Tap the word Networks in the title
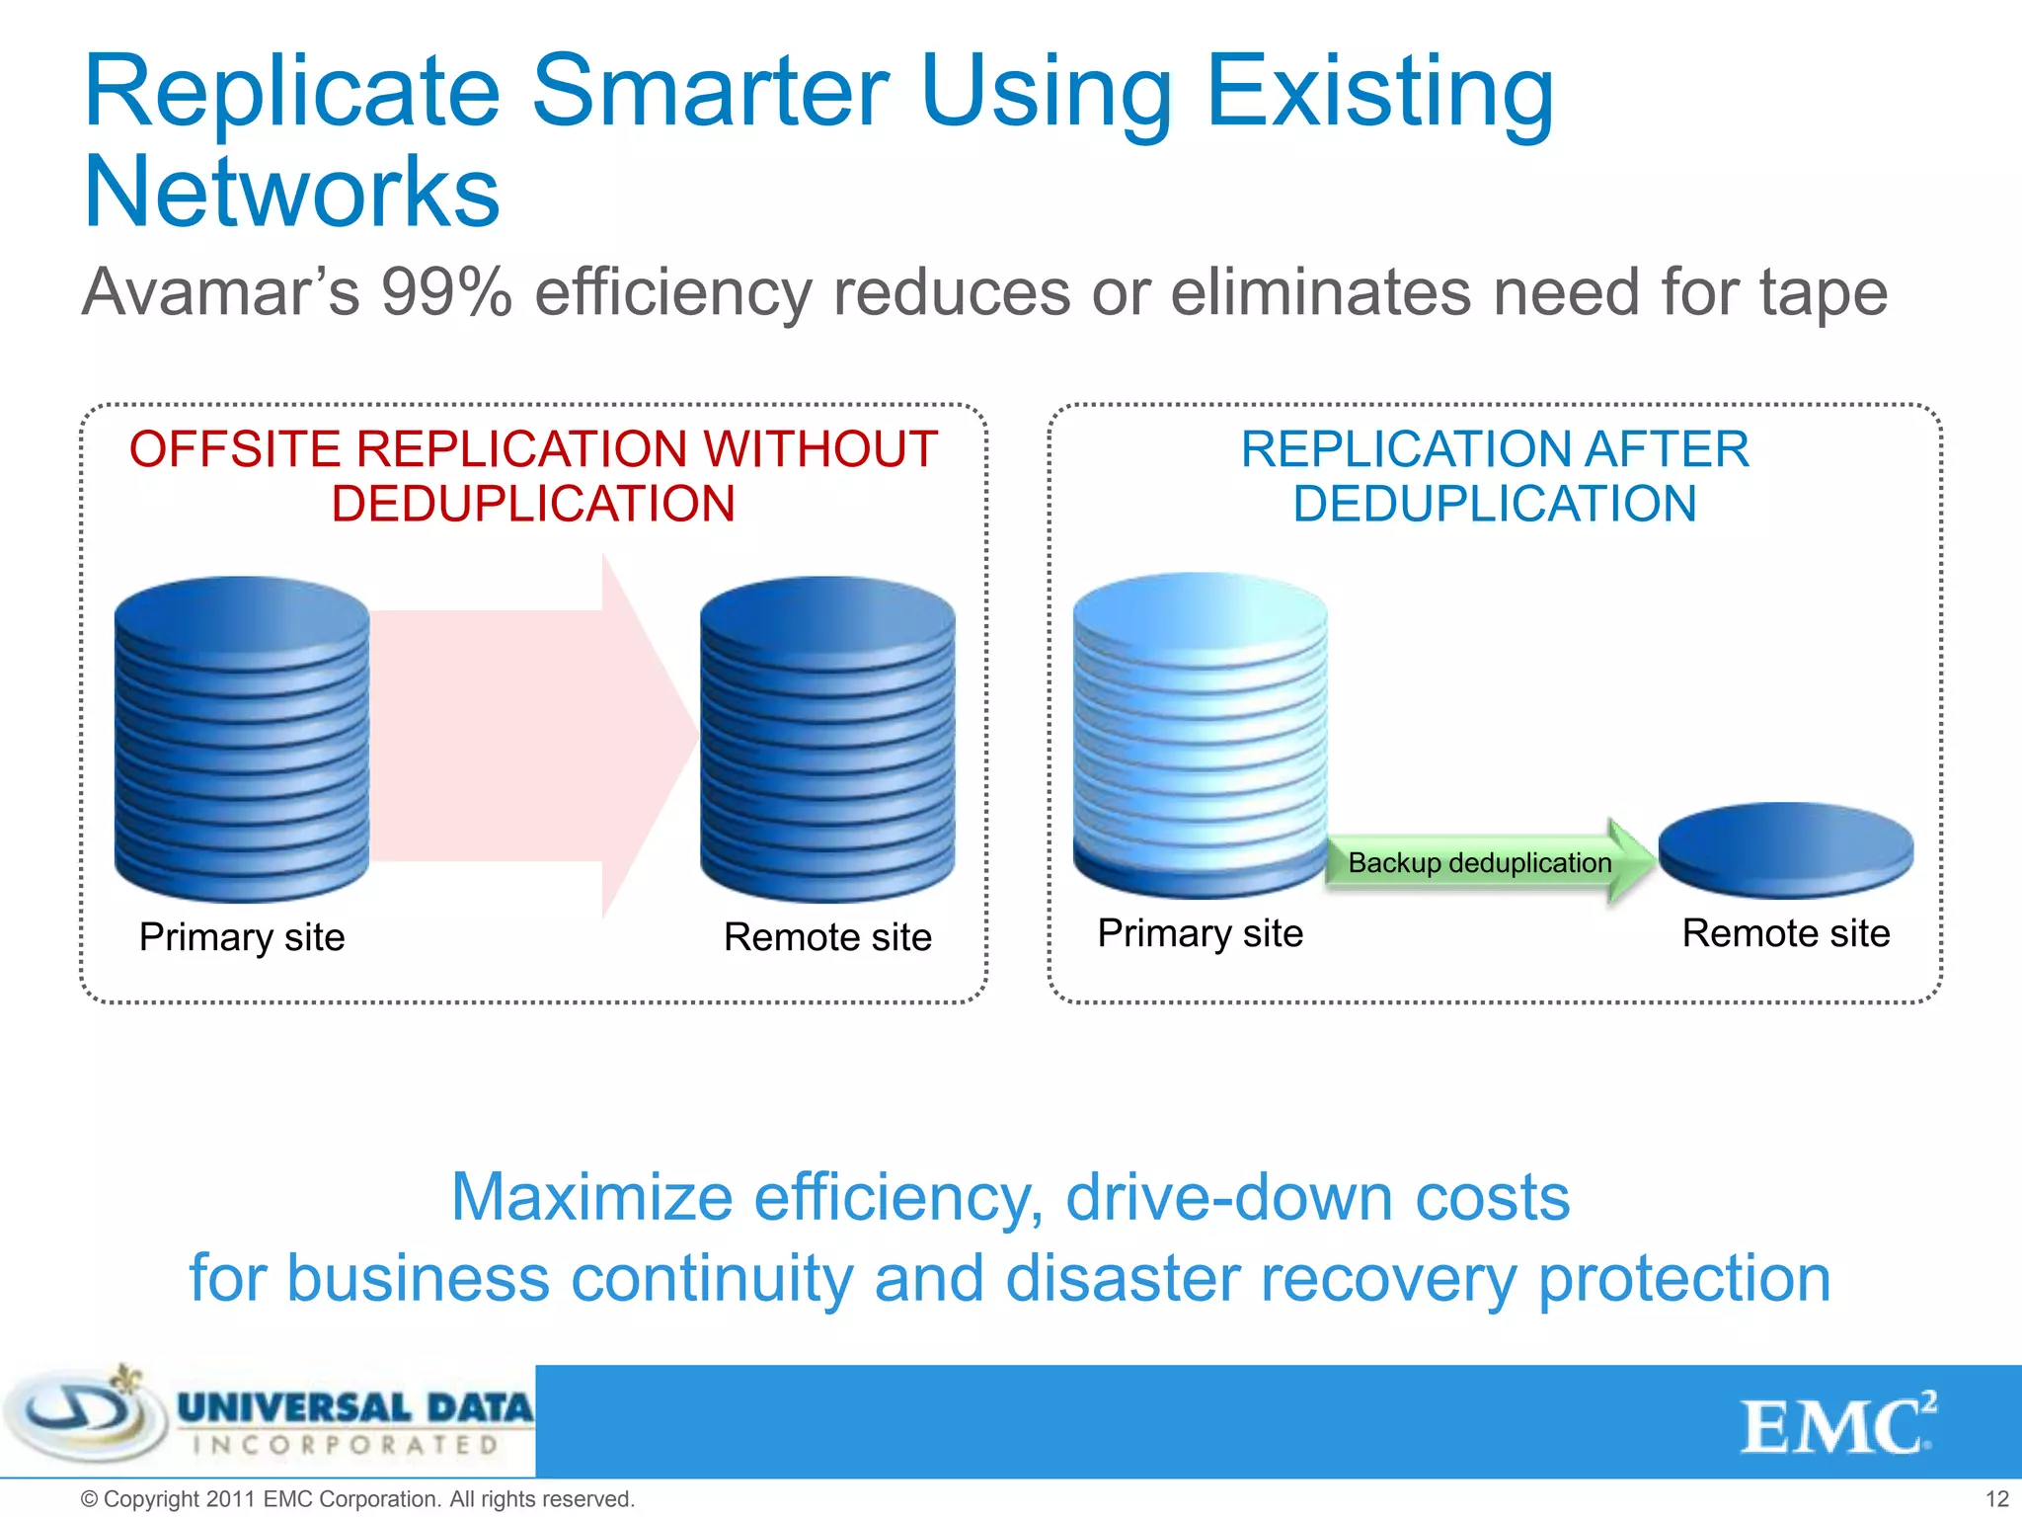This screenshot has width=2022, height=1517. (x=292, y=193)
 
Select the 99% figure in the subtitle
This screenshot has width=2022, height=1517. (x=446, y=292)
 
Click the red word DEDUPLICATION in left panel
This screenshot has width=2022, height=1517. (x=533, y=505)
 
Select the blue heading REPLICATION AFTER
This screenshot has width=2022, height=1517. (x=1494, y=450)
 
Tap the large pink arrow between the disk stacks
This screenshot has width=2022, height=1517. (x=533, y=736)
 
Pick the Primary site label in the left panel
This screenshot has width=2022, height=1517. (x=242, y=937)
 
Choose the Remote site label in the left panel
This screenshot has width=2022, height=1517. (x=827, y=937)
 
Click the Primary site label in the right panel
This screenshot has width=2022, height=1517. (x=1200, y=933)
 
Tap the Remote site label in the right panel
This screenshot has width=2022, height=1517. (x=1785, y=933)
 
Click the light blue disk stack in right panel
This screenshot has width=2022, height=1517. (x=1200, y=731)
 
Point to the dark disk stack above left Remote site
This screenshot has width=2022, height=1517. (x=827, y=736)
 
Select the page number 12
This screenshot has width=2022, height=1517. (x=1996, y=1499)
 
